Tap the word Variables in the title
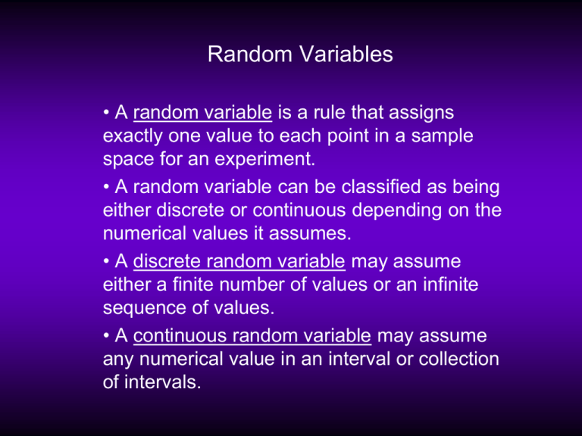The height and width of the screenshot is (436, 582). click(x=346, y=54)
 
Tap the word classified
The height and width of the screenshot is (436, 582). click(x=381, y=186)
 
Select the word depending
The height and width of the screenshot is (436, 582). click(x=397, y=211)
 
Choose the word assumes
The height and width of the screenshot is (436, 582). click(x=310, y=234)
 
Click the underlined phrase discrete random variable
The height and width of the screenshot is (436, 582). click(x=239, y=261)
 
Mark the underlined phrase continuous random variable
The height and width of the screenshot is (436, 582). click(x=252, y=336)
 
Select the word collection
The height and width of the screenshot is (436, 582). click(x=458, y=359)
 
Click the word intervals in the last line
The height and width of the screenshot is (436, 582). click(x=162, y=381)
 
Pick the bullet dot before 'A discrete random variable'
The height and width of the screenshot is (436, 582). click(x=107, y=261)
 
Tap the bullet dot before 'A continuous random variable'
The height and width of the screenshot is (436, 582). click(x=107, y=336)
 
